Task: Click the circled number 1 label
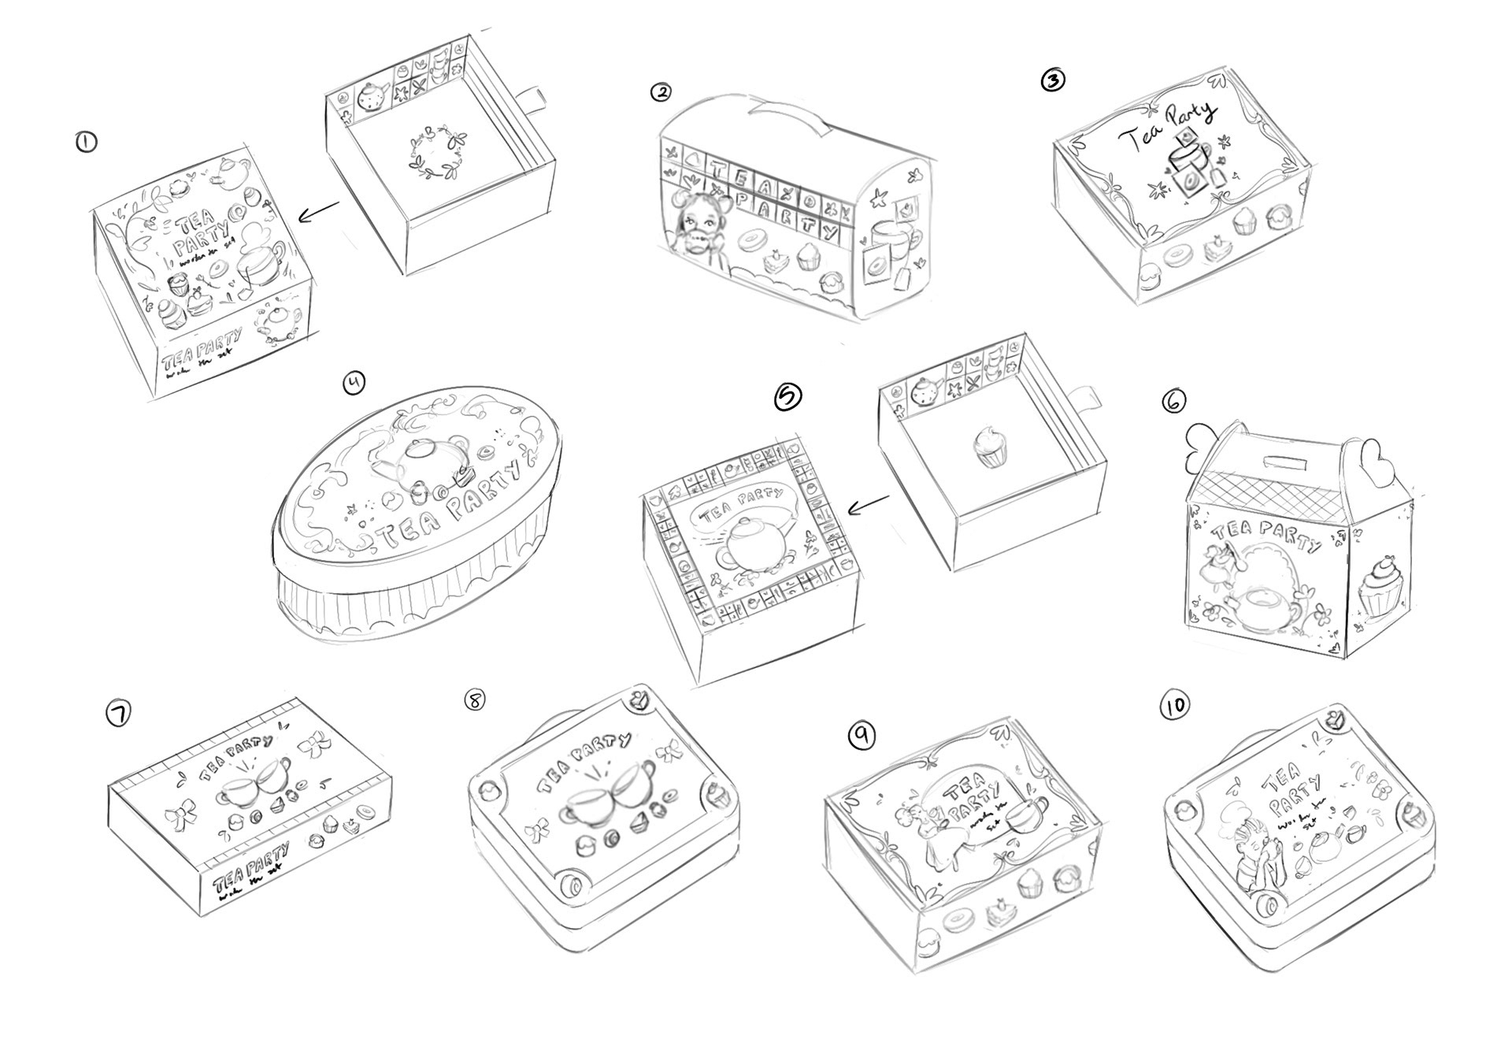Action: point(85,143)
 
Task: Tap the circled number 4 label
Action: point(355,383)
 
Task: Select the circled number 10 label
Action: point(1174,707)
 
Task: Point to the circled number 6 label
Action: point(1173,401)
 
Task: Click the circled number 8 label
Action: point(476,700)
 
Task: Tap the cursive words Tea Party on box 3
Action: point(1166,127)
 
